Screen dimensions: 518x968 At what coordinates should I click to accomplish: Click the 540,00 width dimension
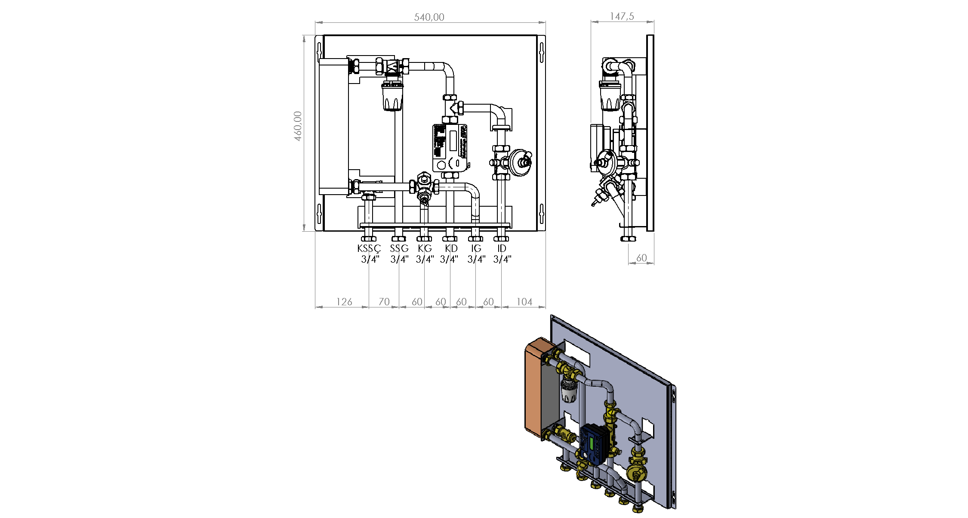(x=429, y=17)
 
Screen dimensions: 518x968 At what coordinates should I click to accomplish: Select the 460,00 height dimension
(x=298, y=126)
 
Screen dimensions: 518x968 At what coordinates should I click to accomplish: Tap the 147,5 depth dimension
(x=622, y=16)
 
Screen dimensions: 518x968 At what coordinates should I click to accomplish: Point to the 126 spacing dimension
(x=344, y=302)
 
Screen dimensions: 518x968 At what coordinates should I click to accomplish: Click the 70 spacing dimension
(x=384, y=302)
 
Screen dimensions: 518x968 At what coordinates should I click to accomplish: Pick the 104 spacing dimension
(x=524, y=302)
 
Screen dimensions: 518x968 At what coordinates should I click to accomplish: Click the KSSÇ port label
(x=369, y=248)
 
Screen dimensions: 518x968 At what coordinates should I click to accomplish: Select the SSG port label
(x=399, y=248)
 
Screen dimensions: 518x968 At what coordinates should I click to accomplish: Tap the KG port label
(x=425, y=248)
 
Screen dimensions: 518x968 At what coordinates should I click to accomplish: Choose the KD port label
(x=451, y=248)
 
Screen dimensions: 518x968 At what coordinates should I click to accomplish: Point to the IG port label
(x=476, y=248)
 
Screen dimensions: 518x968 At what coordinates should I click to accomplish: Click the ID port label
(x=502, y=248)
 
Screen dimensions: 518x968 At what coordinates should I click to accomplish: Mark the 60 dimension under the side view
(x=641, y=258)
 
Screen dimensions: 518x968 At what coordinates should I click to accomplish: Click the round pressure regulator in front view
(x=520, y=162)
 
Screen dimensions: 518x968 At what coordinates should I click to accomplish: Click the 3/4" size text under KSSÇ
(x=370, y=259)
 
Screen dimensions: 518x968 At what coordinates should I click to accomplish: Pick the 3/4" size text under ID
(x=502, y=259)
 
